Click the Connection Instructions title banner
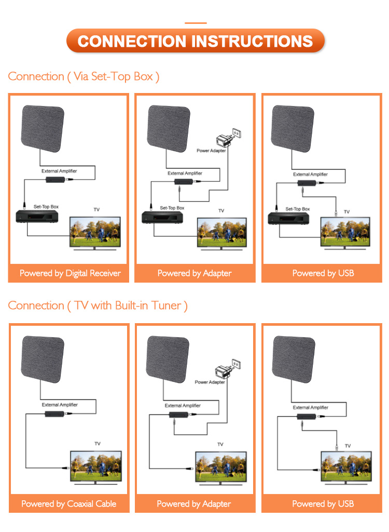coord(195,41)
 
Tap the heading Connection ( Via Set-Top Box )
coord(84,76)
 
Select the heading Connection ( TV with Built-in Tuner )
coord(98,305)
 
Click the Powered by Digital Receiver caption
coord(70,273)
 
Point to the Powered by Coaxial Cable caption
coord(68,503)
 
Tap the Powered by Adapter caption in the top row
coord(195,273)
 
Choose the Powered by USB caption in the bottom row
coord(323,503)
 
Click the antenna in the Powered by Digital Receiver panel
coord(43,127)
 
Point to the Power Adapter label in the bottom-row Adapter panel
coord(210,382)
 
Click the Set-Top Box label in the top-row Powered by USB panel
coord(298,209)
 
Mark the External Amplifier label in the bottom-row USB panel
coord(311,408)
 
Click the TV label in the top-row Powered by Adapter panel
coord(221,210)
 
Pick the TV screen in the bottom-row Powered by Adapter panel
coord(220,465)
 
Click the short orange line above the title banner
coord(196,23)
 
